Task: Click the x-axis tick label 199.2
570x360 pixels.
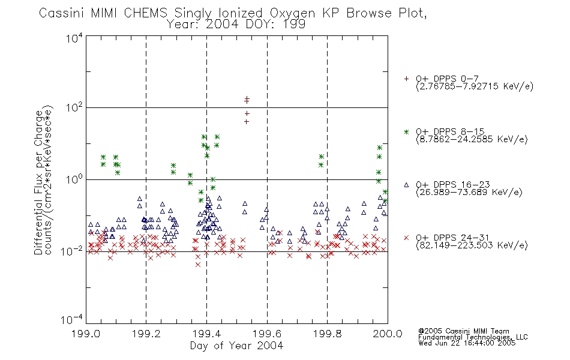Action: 146,334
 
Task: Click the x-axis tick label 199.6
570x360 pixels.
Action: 267,334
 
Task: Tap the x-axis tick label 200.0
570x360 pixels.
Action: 388,334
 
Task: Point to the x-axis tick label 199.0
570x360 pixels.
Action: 86,334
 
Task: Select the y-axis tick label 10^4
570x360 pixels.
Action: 74,38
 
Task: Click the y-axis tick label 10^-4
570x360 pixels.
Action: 72,320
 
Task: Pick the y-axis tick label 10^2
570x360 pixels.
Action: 74,108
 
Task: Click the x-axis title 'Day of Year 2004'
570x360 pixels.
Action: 236,346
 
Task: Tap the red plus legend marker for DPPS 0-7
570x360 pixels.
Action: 406,79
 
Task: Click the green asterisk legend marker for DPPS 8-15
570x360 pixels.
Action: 406,132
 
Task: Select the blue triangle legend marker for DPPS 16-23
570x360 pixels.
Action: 406,185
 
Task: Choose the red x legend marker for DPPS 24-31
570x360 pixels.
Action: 406,238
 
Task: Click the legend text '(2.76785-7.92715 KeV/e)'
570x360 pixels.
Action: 475,86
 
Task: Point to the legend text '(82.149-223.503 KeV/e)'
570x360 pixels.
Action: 472,245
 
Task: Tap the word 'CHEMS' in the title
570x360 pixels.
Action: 145,13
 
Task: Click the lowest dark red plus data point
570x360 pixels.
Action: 247,121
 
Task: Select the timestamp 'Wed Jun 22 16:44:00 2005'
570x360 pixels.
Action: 467,343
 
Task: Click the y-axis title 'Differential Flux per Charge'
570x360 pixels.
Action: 38,183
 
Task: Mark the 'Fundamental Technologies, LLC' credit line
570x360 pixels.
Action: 473,337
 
